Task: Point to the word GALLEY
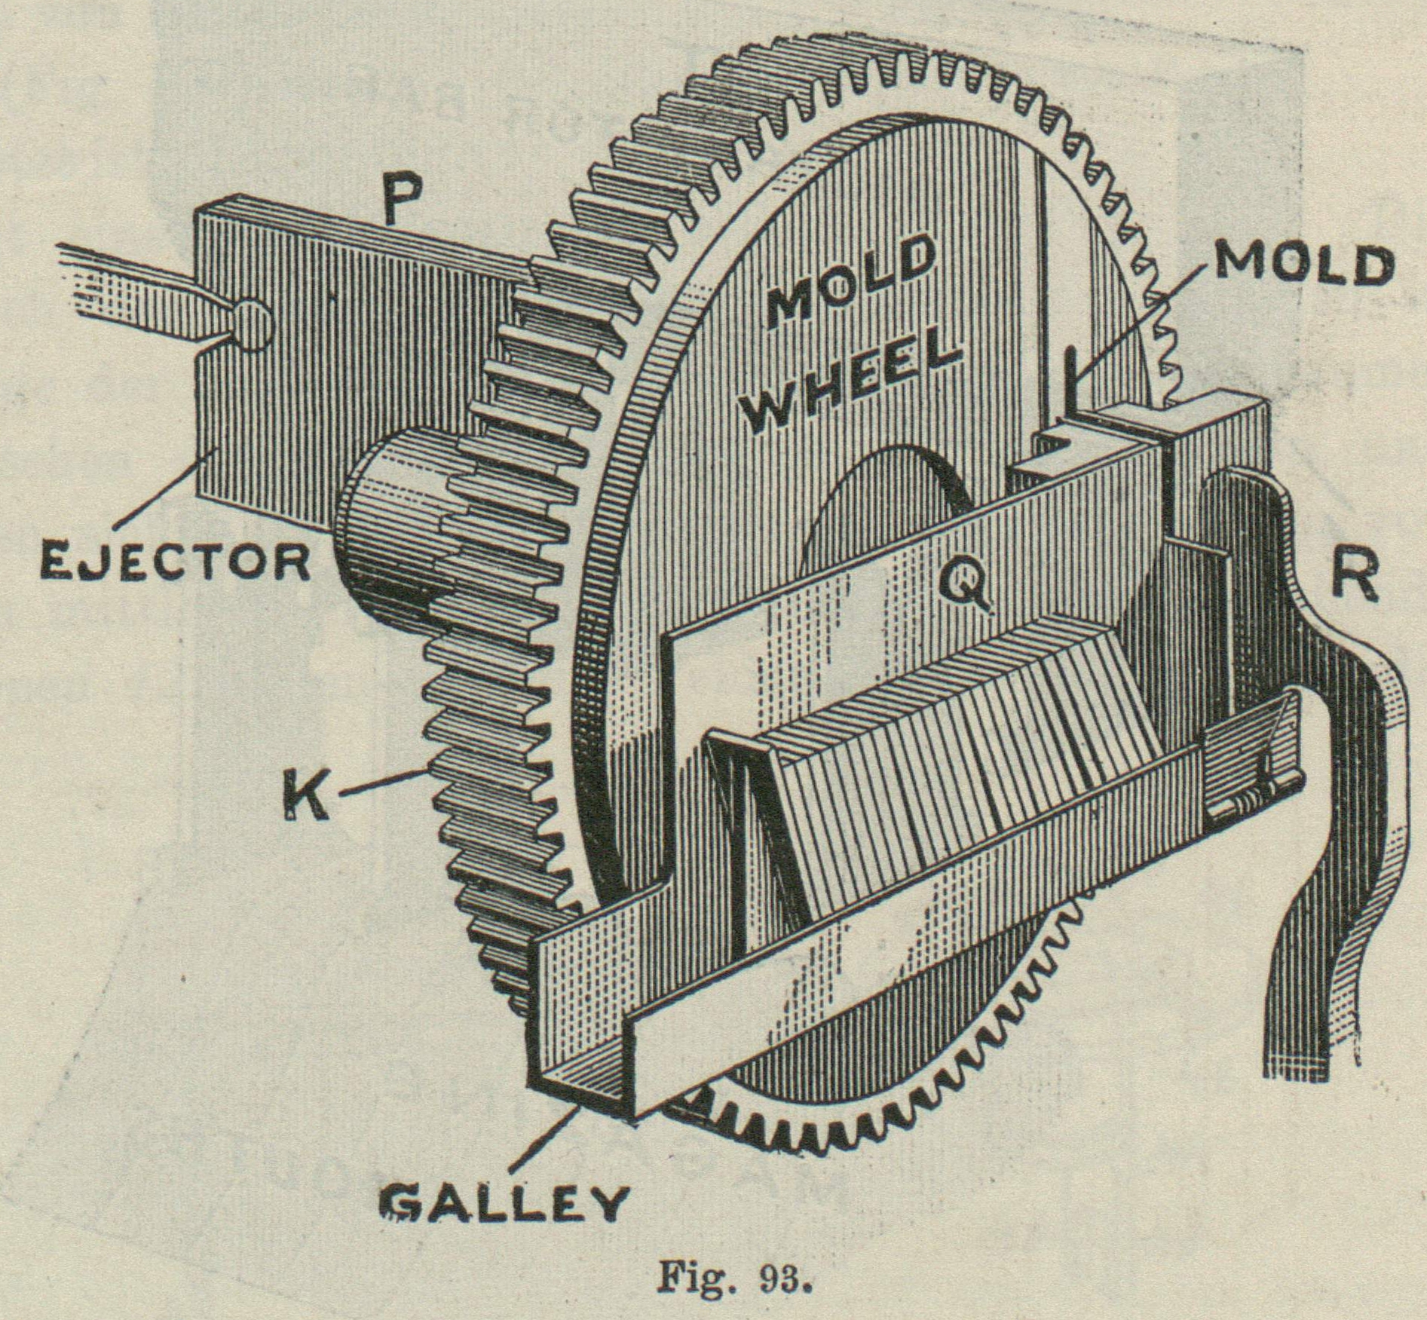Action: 504,1201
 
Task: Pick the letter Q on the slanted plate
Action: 963,585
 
